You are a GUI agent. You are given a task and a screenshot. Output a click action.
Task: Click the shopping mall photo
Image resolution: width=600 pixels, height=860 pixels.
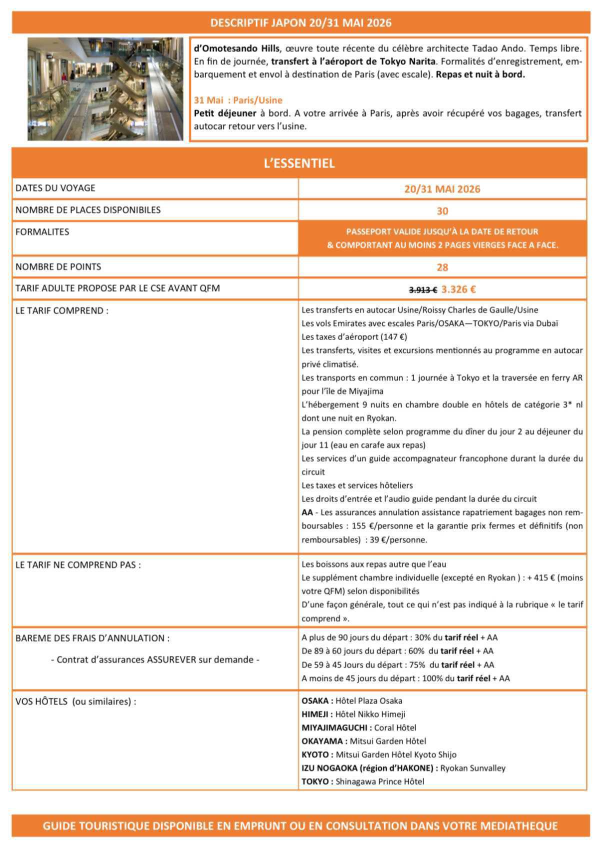click(x=105, y=89)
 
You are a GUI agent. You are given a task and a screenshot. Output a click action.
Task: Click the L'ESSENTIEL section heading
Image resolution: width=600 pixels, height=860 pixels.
click(x=299, y=163)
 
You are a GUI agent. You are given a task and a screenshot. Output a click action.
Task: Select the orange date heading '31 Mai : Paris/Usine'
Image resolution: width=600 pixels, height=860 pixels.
click(x=238, y=100)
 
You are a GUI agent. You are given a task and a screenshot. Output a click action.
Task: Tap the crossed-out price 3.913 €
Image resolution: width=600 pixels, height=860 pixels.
click(x=423, y=289)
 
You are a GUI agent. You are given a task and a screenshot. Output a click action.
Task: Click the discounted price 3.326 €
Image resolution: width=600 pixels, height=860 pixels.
click(x=458, y=289)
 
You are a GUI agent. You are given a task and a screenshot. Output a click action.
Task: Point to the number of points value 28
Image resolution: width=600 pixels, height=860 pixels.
click(x=442, y=267)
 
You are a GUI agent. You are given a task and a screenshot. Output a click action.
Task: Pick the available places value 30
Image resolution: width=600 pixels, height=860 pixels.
click(x=442, y=211)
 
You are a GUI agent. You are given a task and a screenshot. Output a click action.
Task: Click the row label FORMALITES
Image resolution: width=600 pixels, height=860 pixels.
click(x=42, y=232)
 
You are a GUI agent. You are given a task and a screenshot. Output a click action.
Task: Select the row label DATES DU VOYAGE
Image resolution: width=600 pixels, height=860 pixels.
click(x=55, y=188)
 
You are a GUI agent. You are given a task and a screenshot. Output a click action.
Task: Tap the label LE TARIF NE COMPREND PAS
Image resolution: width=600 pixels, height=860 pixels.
click(x=78, y=565)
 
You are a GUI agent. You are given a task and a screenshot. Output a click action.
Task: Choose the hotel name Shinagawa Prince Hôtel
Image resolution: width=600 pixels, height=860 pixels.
click(x=379, y=781)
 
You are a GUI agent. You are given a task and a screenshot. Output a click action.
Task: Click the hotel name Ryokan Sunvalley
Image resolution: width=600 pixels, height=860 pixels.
click(x=472, y=768)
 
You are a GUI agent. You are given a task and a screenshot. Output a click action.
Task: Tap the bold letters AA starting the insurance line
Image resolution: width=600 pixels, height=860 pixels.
click(x=307, y=512)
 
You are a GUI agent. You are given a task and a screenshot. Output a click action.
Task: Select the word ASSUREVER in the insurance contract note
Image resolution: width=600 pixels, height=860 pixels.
click(x=171, y=659)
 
